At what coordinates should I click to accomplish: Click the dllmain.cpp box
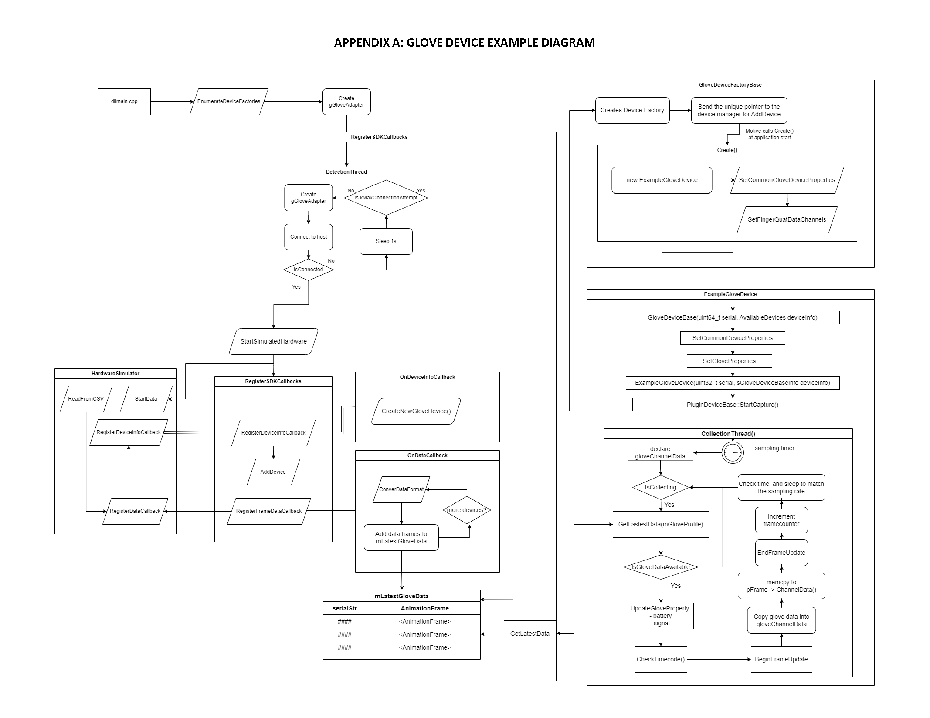point(124,102)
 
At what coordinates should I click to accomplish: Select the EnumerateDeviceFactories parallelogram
point(229,102)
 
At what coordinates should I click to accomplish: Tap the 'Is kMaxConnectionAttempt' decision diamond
point(386,198)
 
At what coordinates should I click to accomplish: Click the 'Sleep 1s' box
point(386,241)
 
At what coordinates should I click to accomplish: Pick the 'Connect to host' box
point(309,237)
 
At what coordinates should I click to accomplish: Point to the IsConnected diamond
point(309,270)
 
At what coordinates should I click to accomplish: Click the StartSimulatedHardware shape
point(274,341)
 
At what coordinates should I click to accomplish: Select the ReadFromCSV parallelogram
point(86,399)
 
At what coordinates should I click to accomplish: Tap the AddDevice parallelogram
point(273,472)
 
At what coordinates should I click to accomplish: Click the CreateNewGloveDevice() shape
point(416,411)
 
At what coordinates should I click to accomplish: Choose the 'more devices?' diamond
point(467,510)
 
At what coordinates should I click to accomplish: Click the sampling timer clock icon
point(733,452)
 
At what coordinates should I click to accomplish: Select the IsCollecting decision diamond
point(661,487)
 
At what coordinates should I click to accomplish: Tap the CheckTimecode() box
point(661,659)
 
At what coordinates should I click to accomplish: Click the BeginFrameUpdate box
point(781,659)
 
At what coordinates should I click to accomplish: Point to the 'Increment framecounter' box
point(781,520)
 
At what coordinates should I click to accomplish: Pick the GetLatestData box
point(530,634)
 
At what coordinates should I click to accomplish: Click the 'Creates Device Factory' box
point(632,111)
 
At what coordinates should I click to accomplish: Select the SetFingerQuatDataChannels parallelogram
point(787,219)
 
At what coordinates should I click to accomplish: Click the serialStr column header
point(345,608)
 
